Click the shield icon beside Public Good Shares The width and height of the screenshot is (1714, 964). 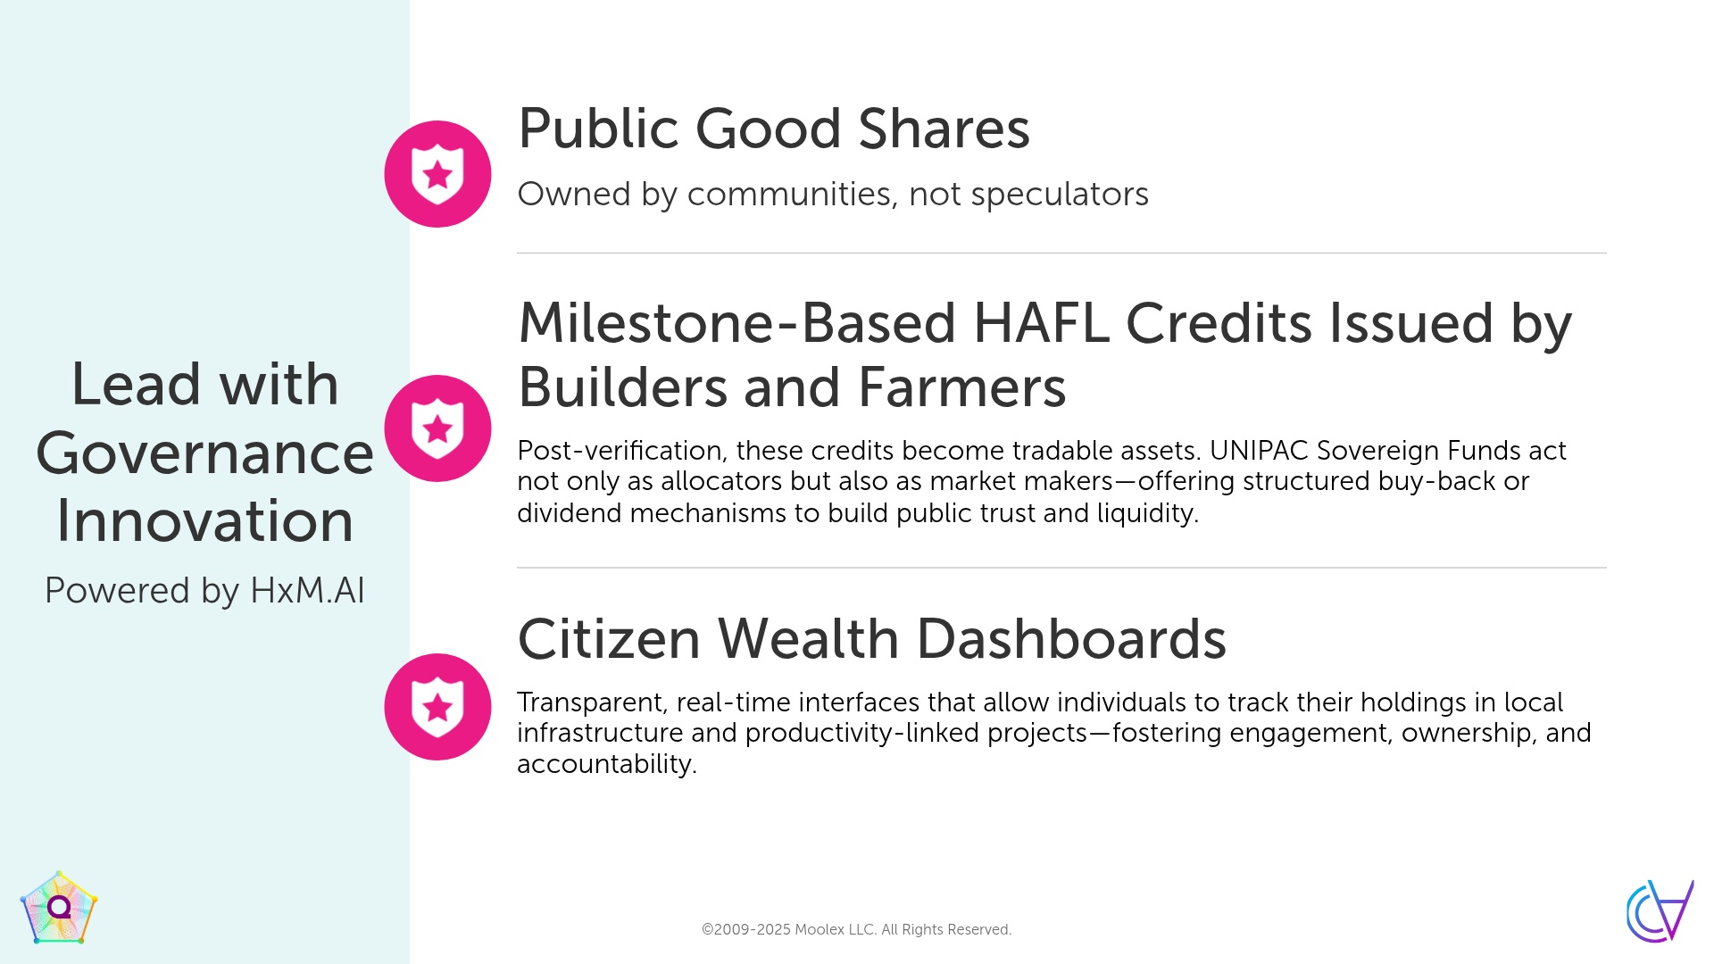click(x=437, y=174)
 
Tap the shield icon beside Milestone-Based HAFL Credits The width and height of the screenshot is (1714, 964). click(x=437, y=428)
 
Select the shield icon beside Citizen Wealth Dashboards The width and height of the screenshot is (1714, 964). click(x=437, y=707)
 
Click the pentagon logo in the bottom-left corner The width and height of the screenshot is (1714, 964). click(x=59, y=908)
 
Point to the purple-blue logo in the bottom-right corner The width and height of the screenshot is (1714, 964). click(x=1660, y=910)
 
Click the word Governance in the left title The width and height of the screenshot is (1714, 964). click(x=204, y=453)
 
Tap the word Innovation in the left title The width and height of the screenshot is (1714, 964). click(x=204, y=520)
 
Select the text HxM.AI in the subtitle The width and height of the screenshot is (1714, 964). click(x=307, y=591)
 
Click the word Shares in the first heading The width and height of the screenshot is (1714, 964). click(x=944, y=129)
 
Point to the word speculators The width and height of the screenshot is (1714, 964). click(x=1060, y=195)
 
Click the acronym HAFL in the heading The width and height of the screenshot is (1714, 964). click(x=1042, y=323)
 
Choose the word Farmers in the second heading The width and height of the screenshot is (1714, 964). click(x=961, y=387)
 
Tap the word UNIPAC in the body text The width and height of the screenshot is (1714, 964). click(x=1259, y=451)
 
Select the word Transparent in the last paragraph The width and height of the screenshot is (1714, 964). click(x=592, y=703)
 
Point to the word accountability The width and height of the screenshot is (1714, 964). click(x=606, y=764)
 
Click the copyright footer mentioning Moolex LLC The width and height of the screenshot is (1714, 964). click(x=856, y=929)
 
